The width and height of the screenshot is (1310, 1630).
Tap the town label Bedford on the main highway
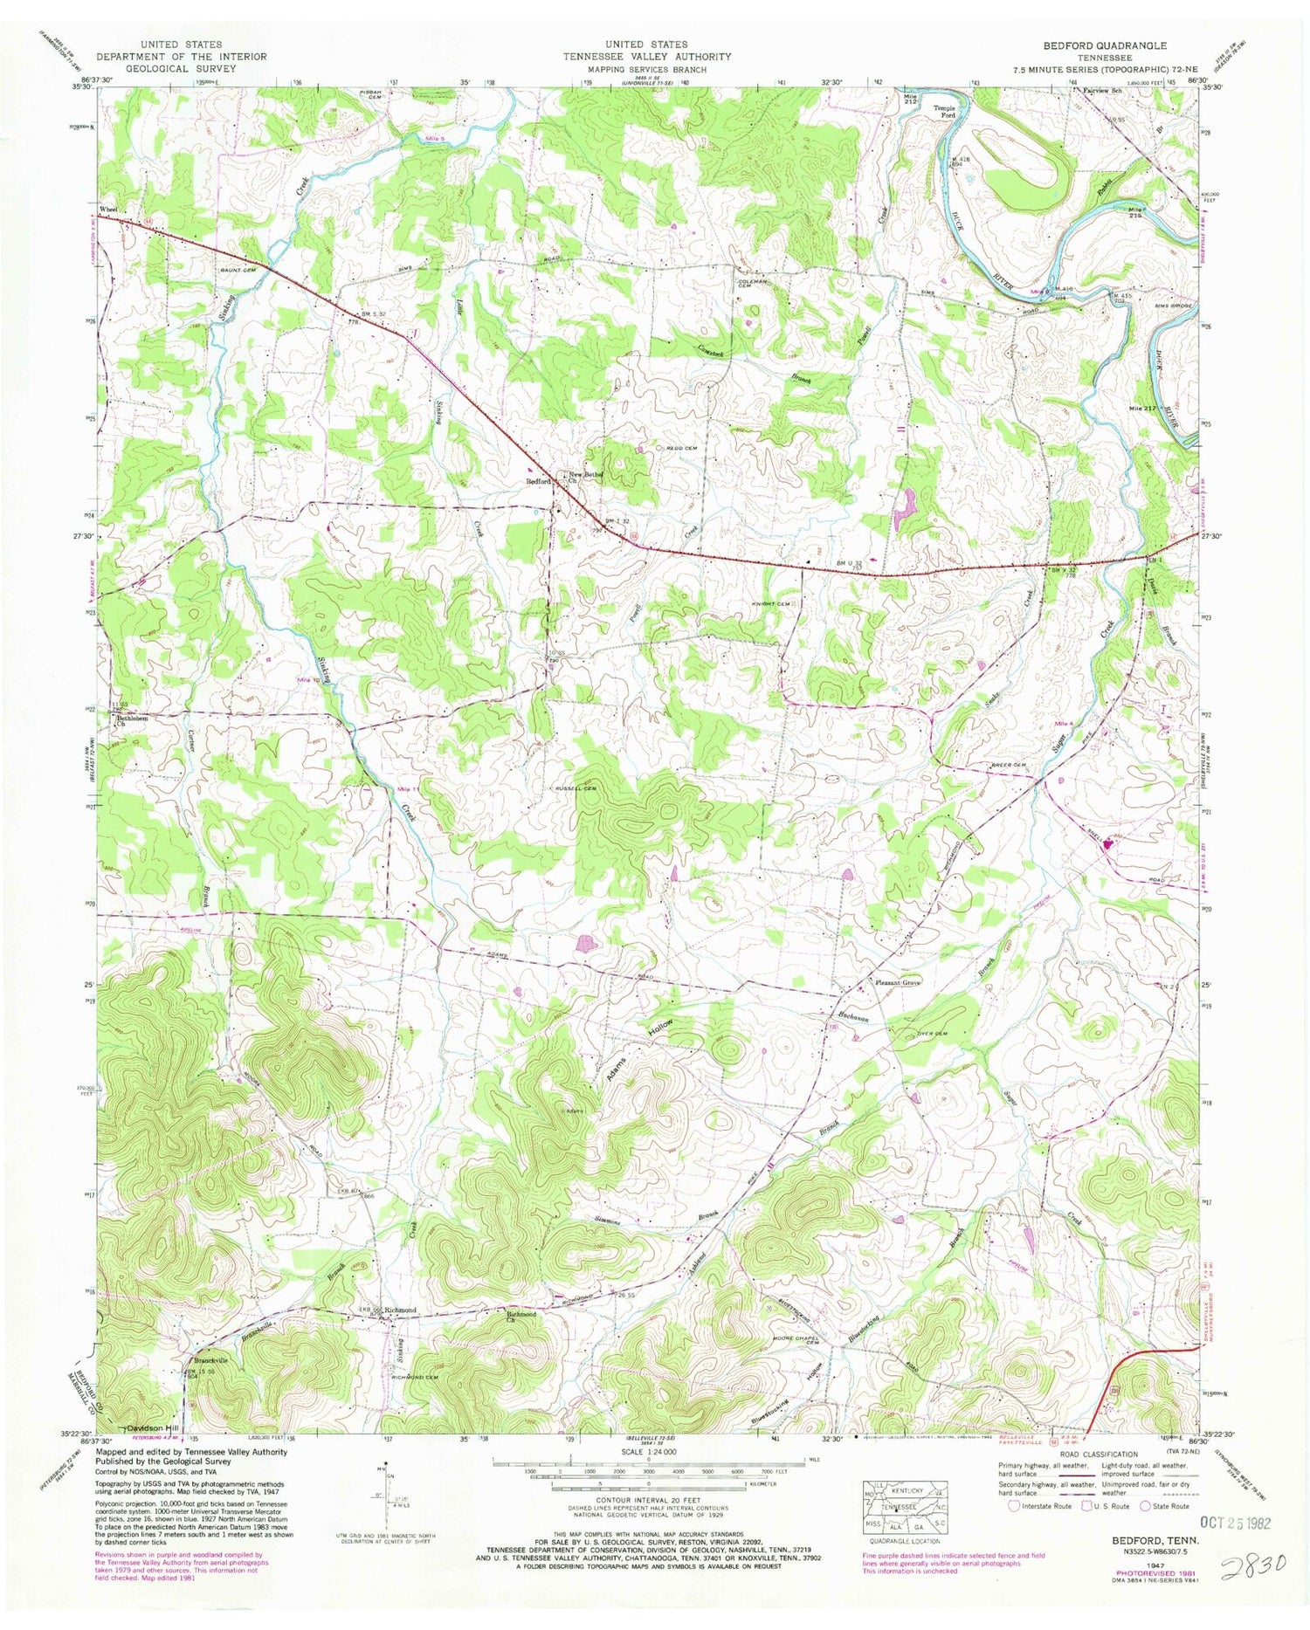(x=536, y=481)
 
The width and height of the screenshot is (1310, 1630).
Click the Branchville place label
(x=210, y=1360)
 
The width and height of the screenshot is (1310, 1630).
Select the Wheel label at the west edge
(x=108, y=210)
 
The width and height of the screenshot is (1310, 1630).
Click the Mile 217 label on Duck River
(x=1146, y=409)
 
